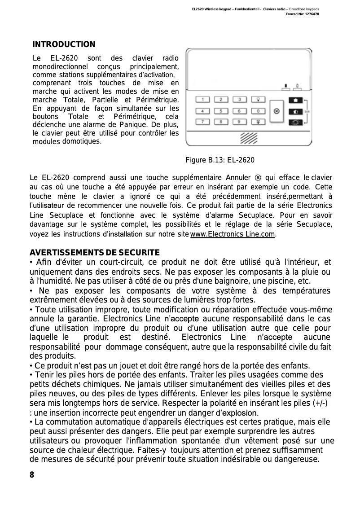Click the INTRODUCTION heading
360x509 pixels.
pos(64,44)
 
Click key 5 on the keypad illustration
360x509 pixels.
pos(221,111)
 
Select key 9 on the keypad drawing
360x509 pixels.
pos(240,121)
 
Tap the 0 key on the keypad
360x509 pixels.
pos(259,111)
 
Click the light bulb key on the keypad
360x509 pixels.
pos(259,100)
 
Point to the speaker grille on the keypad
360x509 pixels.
pos(248,137)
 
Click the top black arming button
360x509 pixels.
pos(296,100)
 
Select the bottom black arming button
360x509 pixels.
pos(296,122)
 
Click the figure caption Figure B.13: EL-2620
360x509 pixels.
pos(220,160)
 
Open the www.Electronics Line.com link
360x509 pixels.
pos(233,234)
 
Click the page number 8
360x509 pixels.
pos(32,475)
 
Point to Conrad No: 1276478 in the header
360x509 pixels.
pos(303,14)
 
